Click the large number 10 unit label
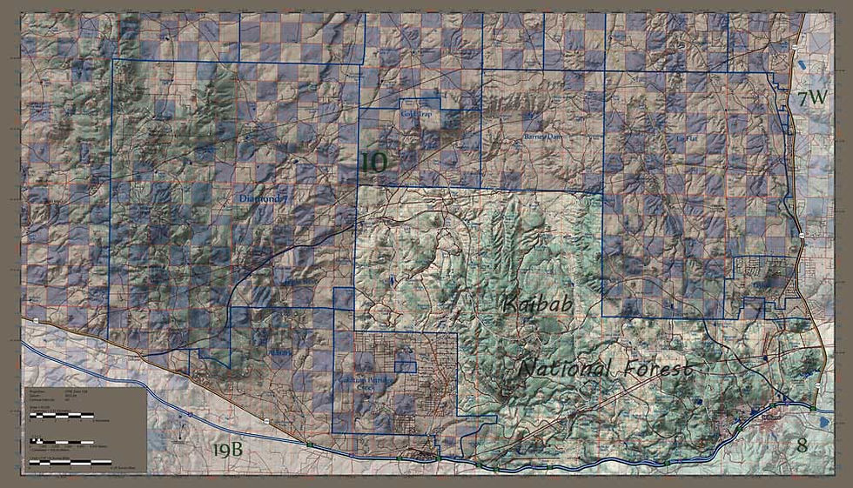(x=373, y=162)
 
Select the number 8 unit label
(x=802, y=445)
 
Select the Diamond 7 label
(x=262, y=199)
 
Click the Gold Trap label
(x=416, y=114)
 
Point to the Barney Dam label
(x=545, y=137)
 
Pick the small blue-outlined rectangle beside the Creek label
(x=406, y=366)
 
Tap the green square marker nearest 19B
(x=309, y=445)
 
